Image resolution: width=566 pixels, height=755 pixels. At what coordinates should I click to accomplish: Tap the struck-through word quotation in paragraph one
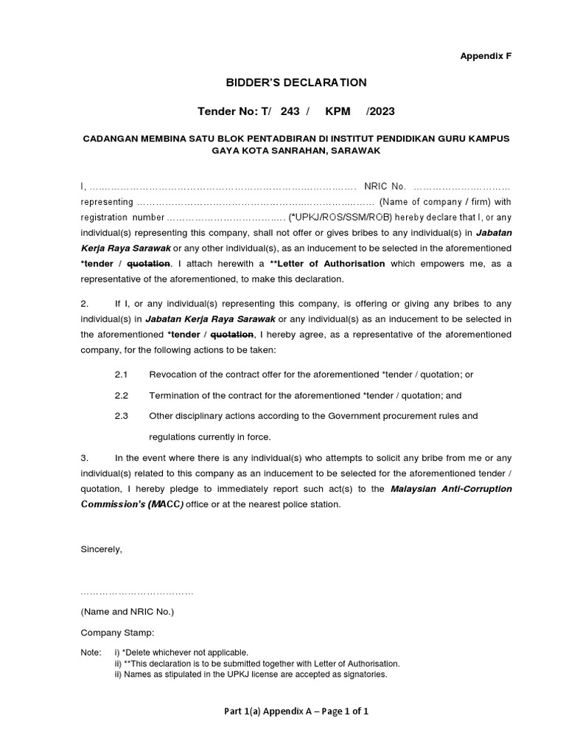[149, 263]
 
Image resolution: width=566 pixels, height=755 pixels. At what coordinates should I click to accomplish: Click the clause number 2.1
[121, 375]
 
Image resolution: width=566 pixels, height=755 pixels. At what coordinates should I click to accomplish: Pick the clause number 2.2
[121, 395]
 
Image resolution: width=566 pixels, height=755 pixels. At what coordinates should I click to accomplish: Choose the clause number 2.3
[121, 416]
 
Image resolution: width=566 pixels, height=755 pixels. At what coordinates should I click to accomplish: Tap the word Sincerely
[102, 549]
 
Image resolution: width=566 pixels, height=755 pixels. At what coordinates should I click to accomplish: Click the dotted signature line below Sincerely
[136, 592]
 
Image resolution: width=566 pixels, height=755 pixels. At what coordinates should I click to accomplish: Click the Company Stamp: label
[118, 633]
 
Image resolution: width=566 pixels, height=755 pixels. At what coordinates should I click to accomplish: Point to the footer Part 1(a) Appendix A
[296, 711]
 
